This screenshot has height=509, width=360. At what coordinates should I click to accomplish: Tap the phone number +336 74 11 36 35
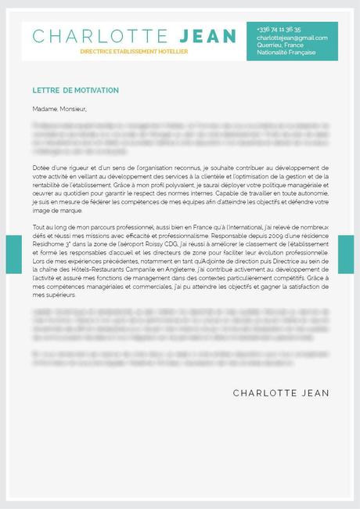pos(279,29)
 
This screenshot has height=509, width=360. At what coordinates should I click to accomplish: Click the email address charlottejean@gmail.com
pos(292,37)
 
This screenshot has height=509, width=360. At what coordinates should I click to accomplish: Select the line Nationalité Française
pos(286,52)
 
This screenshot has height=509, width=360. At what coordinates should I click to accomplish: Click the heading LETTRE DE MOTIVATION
pos(76,91)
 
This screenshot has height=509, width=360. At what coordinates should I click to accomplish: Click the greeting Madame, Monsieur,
pos(59,109)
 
